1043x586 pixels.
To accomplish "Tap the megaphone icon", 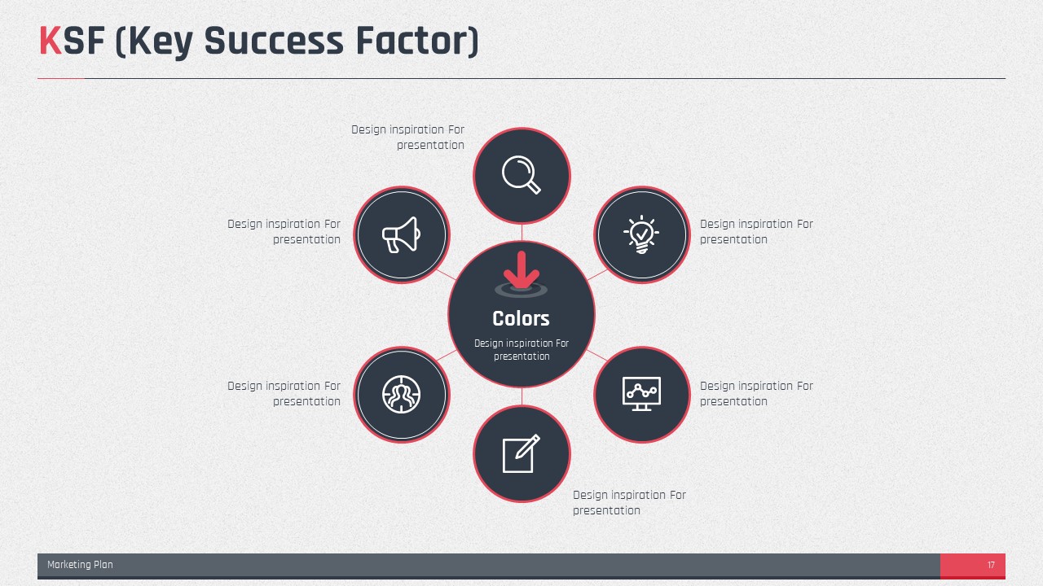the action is click(401, 235).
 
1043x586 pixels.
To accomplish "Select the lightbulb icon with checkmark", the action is click(641, 234).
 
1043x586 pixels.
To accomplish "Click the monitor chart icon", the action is click(641, 394).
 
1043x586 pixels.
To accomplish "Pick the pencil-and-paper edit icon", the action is click(521, 453).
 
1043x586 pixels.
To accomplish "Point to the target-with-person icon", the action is click(401, 395).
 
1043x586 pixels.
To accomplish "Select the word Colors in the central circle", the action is click(521, 318).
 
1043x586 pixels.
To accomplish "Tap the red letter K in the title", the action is click(51, 41).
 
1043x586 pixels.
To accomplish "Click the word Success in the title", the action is click(274, 41).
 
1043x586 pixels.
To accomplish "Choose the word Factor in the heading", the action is click(417, 41).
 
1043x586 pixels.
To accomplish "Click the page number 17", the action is click(991, 565).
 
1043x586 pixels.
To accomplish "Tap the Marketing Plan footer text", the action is click(80, 565).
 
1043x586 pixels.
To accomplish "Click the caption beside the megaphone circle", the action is click(284, 232).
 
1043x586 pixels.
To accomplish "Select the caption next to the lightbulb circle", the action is click(757, 232).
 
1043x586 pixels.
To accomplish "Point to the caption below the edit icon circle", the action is click(630, 503).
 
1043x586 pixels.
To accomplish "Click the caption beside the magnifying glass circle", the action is click(408, 138).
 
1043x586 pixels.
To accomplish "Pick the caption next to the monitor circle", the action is click(757, 393).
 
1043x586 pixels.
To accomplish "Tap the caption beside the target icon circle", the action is click(284, 393).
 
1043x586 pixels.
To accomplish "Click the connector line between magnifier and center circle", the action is click(521, 233).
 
